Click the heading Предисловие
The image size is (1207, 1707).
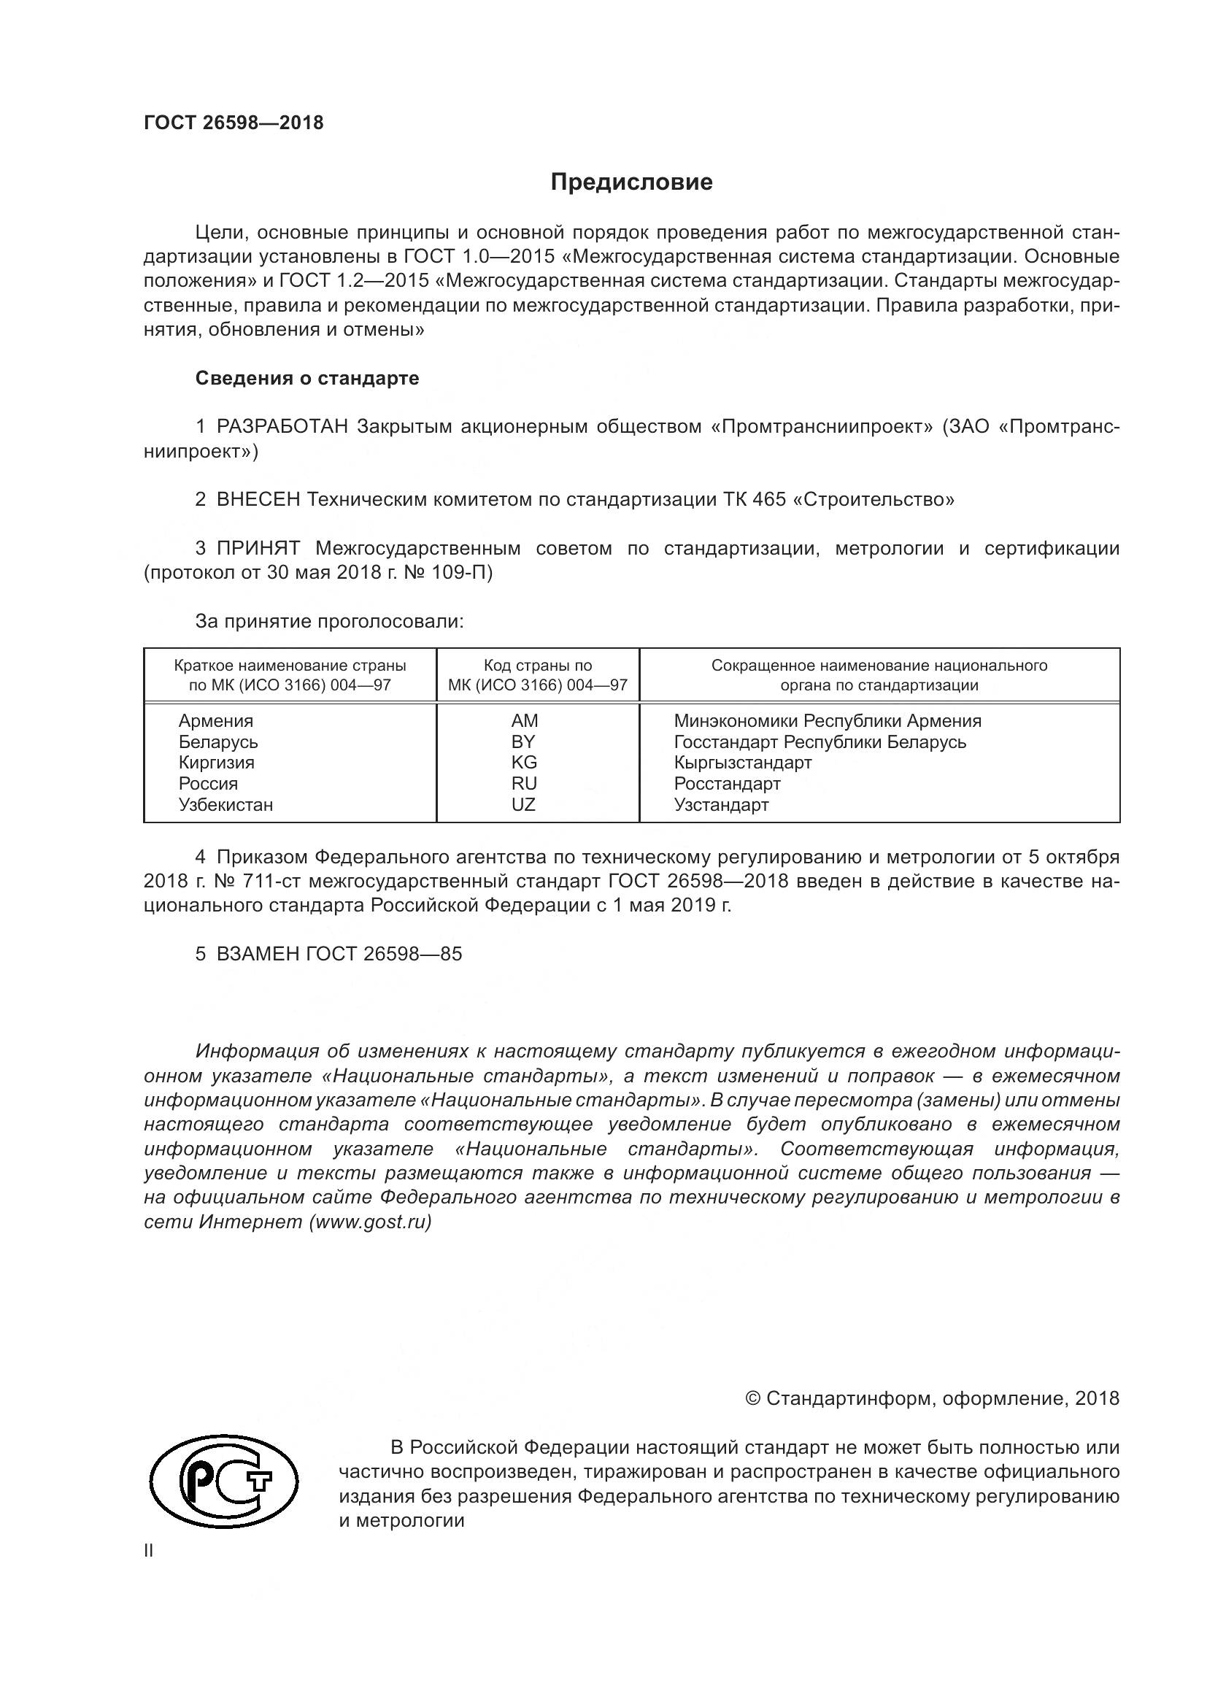click(x=631, y=182)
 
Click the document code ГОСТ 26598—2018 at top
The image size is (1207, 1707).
click(x=234, y=123)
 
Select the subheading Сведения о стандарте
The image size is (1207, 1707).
click(x=307, y=379)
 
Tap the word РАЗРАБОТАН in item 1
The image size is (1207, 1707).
click(x=282, y=427)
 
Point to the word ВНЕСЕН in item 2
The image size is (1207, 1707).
click(x=258, y=500)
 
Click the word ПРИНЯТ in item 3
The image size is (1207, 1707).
click(x=258, y=549)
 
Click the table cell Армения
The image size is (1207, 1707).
click(x=215, y=720)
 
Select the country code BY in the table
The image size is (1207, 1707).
click(x=523, y=742)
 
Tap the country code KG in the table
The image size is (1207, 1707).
click(x=523, y=763)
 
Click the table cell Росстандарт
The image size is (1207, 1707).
click(x=727, y=784)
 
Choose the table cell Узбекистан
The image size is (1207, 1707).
click(x=225, y=804)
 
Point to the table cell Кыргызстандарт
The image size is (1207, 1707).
click(x=742, y=763)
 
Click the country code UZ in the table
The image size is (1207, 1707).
click(x=523, y=804)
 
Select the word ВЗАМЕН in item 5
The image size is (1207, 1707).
click(x=258, y=955)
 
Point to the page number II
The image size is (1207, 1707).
click(x=149, y=1551)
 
